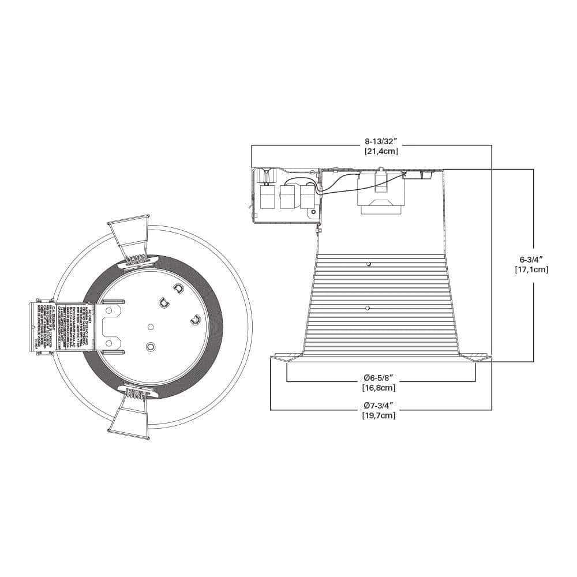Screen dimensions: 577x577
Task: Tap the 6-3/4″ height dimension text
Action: tap(531, 259)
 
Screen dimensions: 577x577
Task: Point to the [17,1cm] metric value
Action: tap(531, 269)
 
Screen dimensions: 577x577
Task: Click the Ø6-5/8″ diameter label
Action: tap(379, 377)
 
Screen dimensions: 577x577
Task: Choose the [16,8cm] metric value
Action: tap(379, 388)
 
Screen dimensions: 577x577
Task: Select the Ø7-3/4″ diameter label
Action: tap(379, 405)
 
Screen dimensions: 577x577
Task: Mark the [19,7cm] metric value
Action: tap(379, 415)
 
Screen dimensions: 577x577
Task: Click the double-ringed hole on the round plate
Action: tap(151, 347)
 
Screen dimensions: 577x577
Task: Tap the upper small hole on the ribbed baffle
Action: tap(368, 264)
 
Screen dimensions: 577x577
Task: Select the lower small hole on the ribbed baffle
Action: tap(368, 308)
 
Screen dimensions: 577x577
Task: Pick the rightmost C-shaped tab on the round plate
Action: tap(194, 318)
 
